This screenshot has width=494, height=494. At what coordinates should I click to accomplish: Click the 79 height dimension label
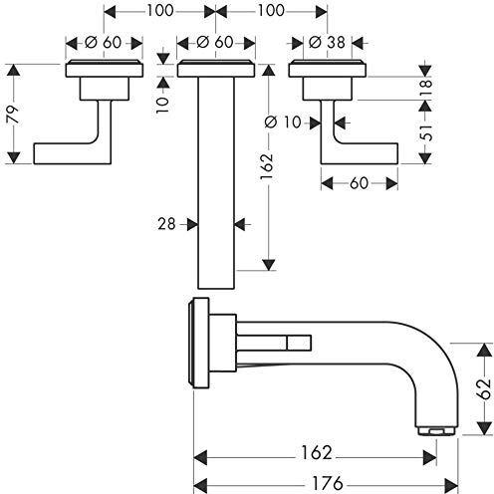click(x=14, y=115)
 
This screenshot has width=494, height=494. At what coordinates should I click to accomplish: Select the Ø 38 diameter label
click(x=327, y=42)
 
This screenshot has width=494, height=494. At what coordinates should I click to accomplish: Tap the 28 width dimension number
click(x=166, y=224)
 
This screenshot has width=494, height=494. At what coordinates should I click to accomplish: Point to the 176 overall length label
click(x=327, y=483)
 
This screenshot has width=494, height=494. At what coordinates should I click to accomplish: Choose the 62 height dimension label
click(x=484, y=388)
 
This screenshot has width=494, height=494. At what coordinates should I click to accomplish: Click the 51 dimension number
click(x=426, y=132)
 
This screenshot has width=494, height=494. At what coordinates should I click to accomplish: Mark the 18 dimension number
click(x=426, y=88)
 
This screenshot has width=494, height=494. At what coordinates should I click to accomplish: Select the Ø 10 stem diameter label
click(x=283, y=123)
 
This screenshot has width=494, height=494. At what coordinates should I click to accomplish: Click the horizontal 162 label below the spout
click(x=316, y=452)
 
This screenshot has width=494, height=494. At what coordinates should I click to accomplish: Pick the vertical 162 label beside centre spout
click(x=267, y=166)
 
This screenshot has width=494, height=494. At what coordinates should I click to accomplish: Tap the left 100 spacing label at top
click(x=160, y=10)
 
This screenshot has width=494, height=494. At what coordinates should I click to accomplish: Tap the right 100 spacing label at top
click(x=271, y=10)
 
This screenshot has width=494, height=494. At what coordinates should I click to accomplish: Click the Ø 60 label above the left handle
click(x=104, y=42)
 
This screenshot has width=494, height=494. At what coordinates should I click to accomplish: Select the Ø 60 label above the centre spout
click(x=215, y=42)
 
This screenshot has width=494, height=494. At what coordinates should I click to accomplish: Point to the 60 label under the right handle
click(x=359, y=183)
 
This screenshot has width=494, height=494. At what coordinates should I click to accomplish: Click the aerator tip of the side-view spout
click(x=437, y=431)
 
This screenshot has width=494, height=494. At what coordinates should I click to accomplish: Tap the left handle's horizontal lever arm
click(x=67, y=153)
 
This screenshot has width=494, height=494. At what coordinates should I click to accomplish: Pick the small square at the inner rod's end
click(x=299, y=343)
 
